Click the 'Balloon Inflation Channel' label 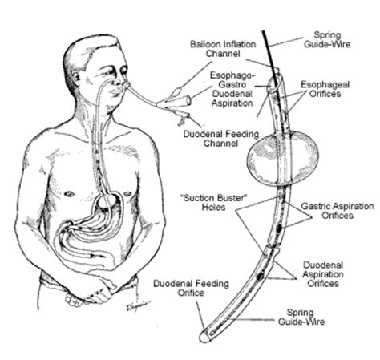pyautogui.click(x=223, y=49)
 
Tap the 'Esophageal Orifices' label pyautogui.click(x=325, y=89)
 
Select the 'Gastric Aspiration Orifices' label pyautogui.click(x=338, y=211)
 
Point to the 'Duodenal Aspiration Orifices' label pyautogui.click(x=323, y=274)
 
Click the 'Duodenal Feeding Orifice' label pyautogui.click(x=191, y=288)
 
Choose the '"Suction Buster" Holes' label pyautogui.click(x=213, y=203)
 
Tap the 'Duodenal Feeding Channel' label pyautogui.click(x=220, y=139)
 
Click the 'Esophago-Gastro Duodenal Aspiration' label pyautogui.click(x=232, y=89)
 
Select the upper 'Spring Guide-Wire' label pyautogui.click(x=327, y=39)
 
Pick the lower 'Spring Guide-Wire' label pyautogui.click(x=301, y=317)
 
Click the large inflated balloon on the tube pyautogui.click(x=283, y=157)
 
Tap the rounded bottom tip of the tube pyautogui.click(x=204, y=338)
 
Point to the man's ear pyautogui.click(x=75, y=79)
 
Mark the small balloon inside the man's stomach pyautogui.click(x=105, y=201)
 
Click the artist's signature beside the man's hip pyautogui.click(x=137, y=305)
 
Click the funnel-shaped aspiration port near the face pyautogui.click(x=180, y=101)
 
